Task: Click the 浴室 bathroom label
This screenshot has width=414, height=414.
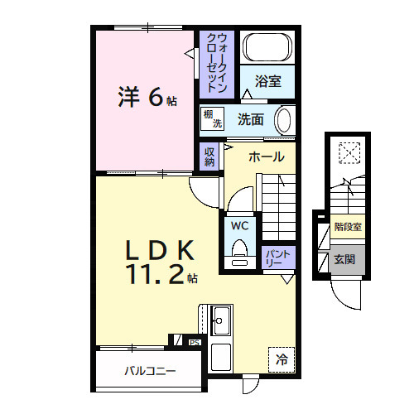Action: [269, 82]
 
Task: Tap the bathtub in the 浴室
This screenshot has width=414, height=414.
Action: [267, 47]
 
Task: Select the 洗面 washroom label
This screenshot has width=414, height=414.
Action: [251, 120]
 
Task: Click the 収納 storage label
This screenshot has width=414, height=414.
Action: [209, 156]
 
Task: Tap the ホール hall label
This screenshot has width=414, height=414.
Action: [266, 156]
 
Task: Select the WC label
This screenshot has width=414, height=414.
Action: [239, 225]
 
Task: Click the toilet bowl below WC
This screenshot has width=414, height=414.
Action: [239, 249]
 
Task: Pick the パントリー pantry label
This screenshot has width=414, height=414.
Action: [273, 258]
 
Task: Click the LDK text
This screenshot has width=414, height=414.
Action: [161, 249]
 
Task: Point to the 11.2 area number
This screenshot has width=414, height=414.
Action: [155, 276]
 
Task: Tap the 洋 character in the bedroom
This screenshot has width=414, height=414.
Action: [128, 98]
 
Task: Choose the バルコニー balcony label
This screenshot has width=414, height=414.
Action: [150, 371]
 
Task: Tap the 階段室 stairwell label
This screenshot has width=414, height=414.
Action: [347, 225]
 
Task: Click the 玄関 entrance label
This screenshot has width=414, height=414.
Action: [344, 259]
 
